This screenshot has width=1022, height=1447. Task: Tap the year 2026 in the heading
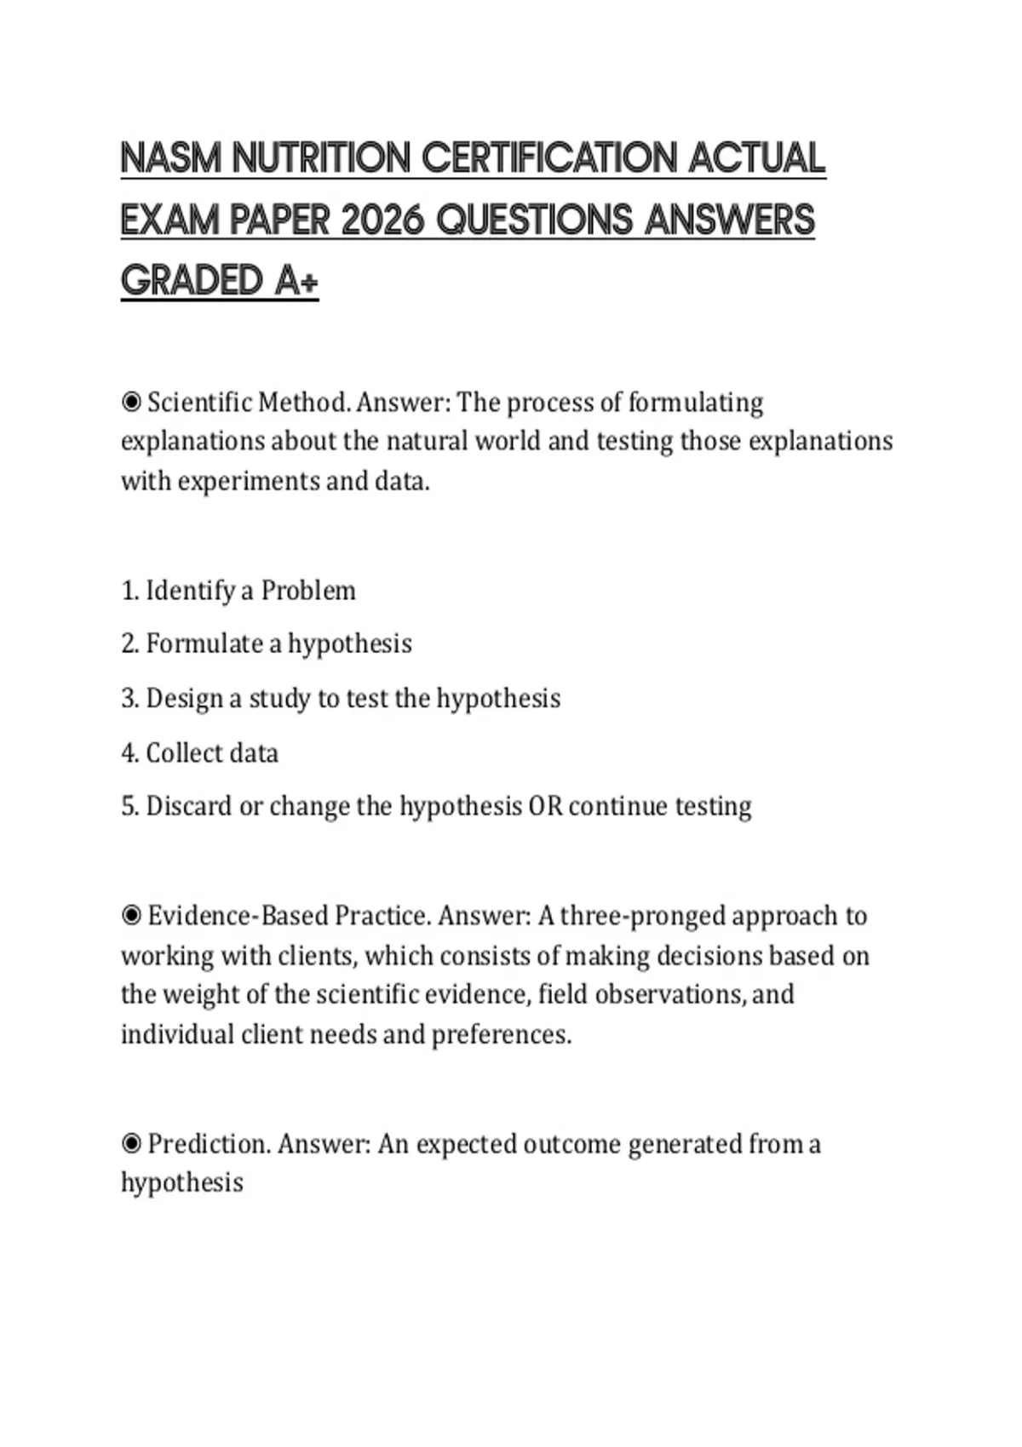[x=382, y=220]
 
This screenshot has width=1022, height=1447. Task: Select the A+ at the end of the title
[x=296, y=281]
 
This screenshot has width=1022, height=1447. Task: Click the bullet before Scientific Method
[x=131, y=402]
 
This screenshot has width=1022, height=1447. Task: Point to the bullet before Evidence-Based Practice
[x=131, y=916]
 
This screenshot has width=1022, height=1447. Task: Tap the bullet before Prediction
[x=131, y=1143]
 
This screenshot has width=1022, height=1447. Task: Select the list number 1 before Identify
[x=128, y=590]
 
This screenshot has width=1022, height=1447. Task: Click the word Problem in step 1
[x=308, y=590]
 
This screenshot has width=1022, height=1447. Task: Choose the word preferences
[x=501, y=1035]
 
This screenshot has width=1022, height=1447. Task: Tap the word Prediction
[x=209, y=1143]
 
